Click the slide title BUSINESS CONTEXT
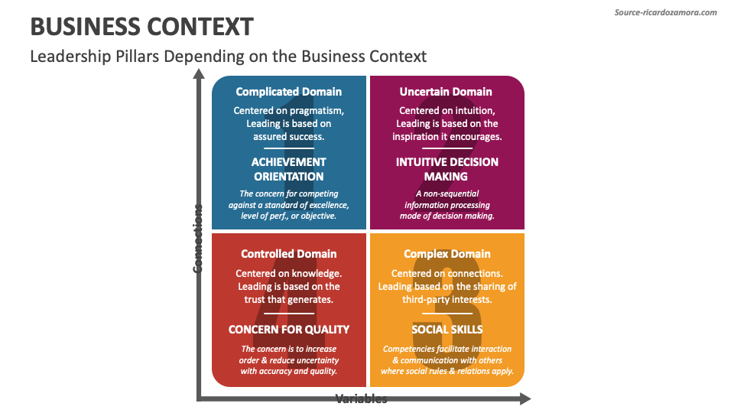tap(141, 27)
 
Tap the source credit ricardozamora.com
tap(666, 12)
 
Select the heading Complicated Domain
tap(289, 92)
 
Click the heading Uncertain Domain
tap(446, 92)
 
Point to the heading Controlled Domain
tap(289, 254)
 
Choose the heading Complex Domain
tap(447, 254)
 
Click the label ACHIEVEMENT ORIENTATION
tap(289, 169)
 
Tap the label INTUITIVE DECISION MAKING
tap(447, 169)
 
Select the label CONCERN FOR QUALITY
tap(289, 330)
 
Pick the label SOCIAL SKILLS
tap(447, 330)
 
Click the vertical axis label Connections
tap(199, 238)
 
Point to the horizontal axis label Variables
tap(361, 399)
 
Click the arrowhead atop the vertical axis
tap(199, 74)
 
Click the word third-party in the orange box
tap(425, 300)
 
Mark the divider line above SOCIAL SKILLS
tap(447, 313)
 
